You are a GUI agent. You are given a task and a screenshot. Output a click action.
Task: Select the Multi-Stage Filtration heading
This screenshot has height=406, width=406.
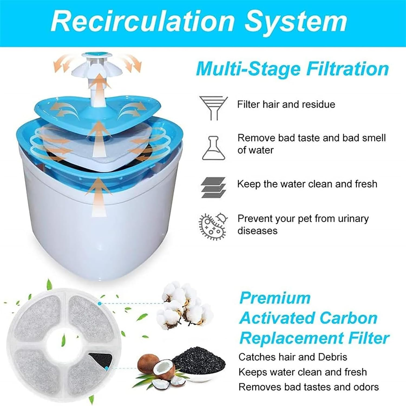[292, 69]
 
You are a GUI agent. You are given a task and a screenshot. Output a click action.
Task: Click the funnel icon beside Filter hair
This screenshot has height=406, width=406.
[214, 108]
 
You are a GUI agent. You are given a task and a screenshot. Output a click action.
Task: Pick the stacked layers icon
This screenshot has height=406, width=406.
[214, 187]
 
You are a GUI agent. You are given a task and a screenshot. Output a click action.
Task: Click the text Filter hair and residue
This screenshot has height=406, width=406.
[286, 105]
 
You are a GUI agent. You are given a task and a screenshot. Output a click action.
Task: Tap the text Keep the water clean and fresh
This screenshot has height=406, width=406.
[307, 184]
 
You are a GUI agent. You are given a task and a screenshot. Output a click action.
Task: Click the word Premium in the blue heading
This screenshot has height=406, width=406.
[275, 298]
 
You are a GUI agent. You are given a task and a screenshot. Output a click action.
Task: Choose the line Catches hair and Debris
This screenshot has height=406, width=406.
[293, 357]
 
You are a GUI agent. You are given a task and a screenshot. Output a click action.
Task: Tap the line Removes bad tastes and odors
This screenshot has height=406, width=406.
[309, 387]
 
